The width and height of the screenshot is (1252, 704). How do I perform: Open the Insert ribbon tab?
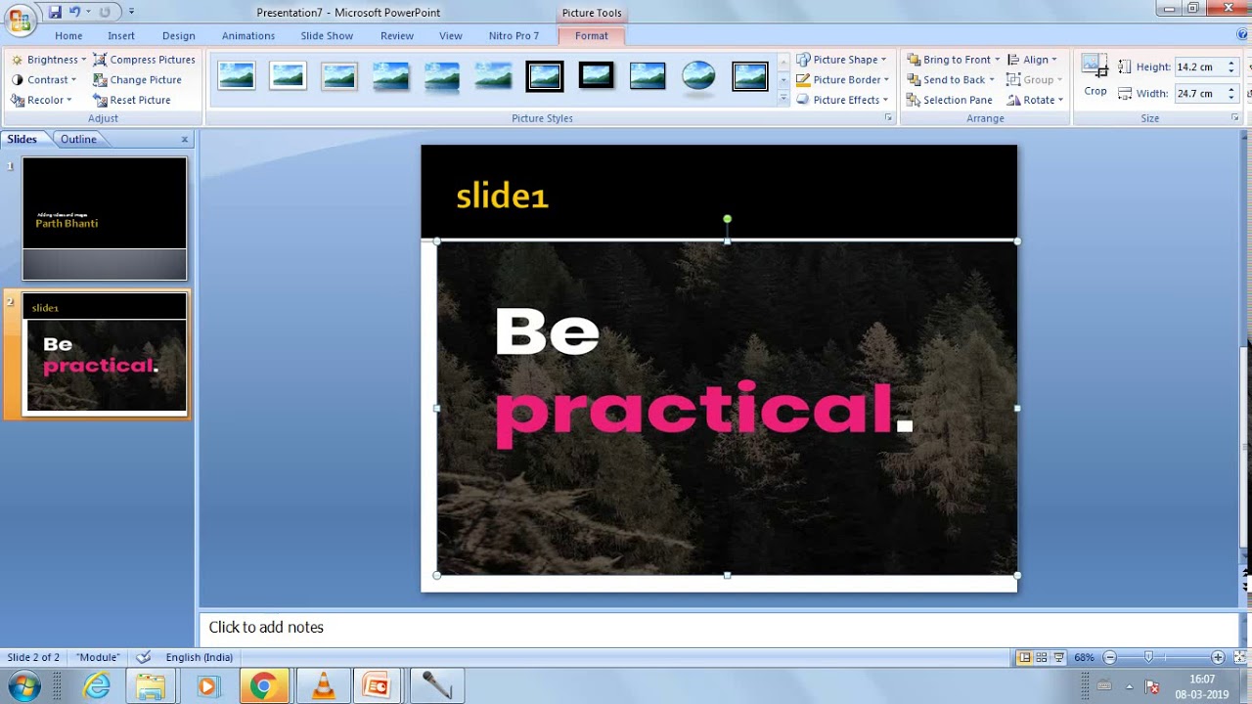121,36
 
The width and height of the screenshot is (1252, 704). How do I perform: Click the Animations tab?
248,36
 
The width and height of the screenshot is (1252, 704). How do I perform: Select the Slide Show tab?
327,36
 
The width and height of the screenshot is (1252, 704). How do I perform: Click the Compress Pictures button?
144,60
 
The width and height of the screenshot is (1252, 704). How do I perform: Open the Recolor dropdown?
43,100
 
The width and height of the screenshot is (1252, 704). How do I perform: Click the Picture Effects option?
842,100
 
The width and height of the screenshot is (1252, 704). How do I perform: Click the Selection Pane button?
950,100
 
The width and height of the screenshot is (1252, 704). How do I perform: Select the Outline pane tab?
78,139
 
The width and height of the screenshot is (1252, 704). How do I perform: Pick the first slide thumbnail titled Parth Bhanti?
105,218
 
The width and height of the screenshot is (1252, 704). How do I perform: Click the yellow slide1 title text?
502,197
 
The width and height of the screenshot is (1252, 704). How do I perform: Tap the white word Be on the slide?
547,332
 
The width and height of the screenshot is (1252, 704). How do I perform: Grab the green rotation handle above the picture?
727,219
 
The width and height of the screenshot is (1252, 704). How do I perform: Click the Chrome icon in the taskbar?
262,686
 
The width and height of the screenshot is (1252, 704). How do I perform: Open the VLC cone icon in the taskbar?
323,686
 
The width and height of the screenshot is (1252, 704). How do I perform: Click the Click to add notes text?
266,628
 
